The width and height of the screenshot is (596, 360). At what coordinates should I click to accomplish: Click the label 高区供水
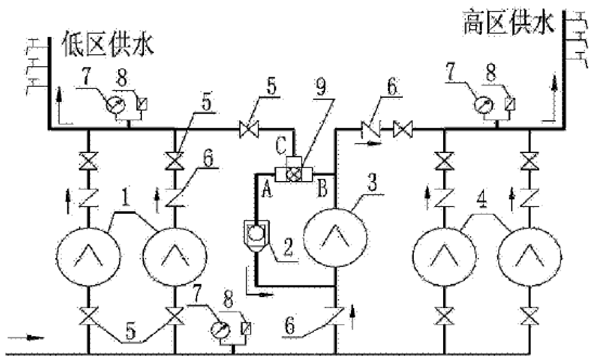[508, 24]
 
